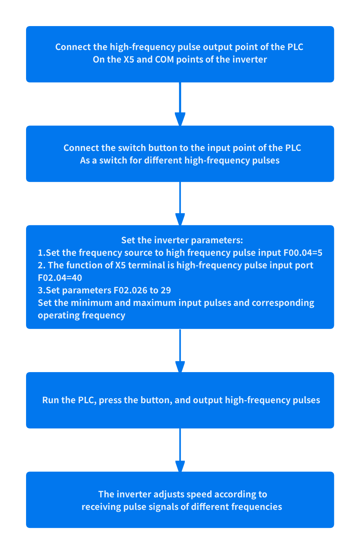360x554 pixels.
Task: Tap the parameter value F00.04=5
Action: (x=303, y=253)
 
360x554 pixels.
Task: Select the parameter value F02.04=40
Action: (x=60, y=278)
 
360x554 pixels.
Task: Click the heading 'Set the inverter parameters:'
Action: (x=182, y=240)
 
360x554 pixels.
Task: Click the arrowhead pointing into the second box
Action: (x=180, y=119)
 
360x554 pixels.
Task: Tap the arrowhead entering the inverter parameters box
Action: (x=180, y=219)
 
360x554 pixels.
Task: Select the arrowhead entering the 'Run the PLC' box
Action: (x=180, y=366)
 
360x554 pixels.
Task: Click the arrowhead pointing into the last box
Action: (x=180, y=466)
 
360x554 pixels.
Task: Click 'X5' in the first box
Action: (x=129, y=59)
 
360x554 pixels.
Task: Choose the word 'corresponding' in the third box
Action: (x=283, y=303)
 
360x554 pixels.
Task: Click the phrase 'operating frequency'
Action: (x=81, y=315)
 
